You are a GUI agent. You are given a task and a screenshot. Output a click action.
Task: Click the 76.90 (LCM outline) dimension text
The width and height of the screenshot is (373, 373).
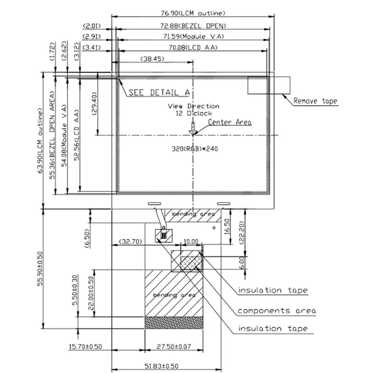pyautogui.click(x=193, y=13)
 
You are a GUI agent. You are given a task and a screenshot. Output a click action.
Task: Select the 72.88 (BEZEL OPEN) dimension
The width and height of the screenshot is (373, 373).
pyautogui.click(x=193, y=26)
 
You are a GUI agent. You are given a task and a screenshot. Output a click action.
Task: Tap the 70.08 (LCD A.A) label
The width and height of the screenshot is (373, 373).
pyautogui.click(x=193, y=48)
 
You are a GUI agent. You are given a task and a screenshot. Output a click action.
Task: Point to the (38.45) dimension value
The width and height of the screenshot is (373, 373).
pyautogui.click(x=152, y=59)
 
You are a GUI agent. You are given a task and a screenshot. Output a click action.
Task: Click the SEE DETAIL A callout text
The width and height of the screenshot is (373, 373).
pyautogui.click(x=159, y=92)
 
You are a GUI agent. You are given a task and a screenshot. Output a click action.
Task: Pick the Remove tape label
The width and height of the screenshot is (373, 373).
pyautogui.click(x=315, y=101)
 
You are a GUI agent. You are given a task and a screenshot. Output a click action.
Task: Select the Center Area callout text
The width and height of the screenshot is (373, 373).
pyautogui.click(x=230, y=122)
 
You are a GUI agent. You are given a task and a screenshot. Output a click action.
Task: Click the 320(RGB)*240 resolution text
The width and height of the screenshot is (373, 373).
pyautogui.click(x=194, y=149)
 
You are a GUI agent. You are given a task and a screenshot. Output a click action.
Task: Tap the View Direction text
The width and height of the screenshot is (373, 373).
pyautogui.click(x=193, y=106)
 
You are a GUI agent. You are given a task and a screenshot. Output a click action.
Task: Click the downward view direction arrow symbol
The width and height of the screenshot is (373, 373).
pyautogui.click(x=193, y=129)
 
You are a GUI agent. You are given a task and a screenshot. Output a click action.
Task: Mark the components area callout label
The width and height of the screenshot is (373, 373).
pyautogui.click(x=276, y=311)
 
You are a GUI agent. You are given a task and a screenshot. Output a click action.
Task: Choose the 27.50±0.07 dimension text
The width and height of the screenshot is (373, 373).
pyautogui.click(x=174, y=346)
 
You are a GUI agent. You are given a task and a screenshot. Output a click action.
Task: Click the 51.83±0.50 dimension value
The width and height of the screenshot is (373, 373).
pyautogui.click(x=161, y=366)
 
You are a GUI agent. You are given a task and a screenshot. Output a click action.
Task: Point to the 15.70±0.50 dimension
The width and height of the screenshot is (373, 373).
pyautogui.click(x=85, y=346)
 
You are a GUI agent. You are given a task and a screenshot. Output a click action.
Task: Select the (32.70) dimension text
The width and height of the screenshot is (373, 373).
pyautogui.click(x=131, y=242)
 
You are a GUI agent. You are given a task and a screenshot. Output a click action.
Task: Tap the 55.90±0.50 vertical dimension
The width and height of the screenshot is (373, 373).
pyautogui.click(x=40, y=269)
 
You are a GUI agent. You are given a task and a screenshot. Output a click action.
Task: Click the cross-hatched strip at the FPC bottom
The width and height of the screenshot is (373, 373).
pyautogui.click(x=174, y=323)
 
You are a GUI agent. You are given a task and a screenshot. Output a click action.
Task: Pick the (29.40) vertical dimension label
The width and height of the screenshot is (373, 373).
pyautogui.click(x=95, y=104)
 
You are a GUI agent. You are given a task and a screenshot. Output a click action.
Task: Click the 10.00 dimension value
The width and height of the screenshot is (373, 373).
pyautogui.click(x=191, y=242)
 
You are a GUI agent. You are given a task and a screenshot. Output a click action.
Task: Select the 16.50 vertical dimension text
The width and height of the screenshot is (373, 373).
pyautogui.click(x=228, y=227)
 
